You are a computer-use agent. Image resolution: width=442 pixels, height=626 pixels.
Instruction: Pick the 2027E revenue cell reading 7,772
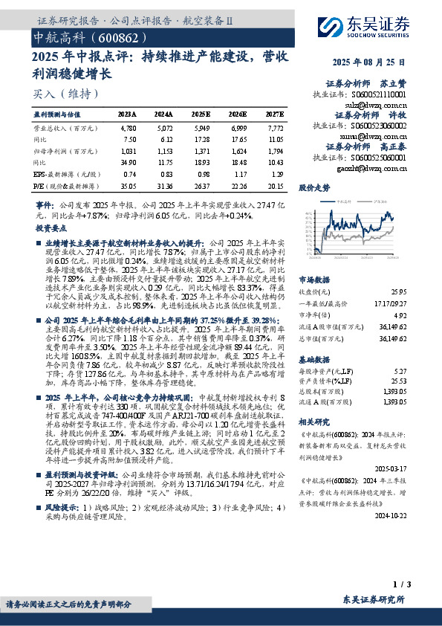[x=274, y=129]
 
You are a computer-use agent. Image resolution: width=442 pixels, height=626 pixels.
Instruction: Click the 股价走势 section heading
[x=315, y=188]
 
